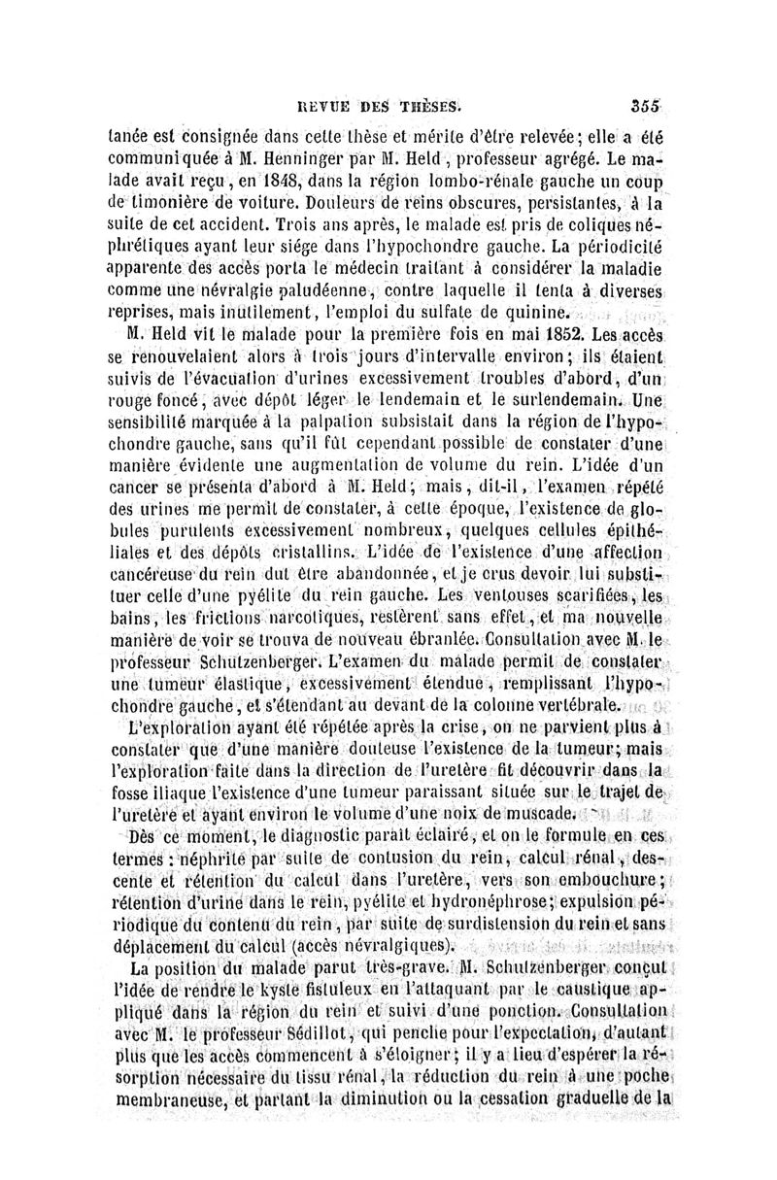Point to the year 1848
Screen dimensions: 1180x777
click(x=282, y=182)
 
